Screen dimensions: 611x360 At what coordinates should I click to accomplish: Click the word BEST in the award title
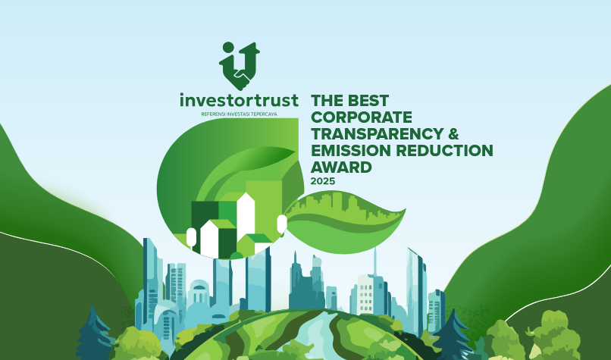[x=368, y=101]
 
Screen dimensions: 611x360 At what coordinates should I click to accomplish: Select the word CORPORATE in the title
[x=362, y=117]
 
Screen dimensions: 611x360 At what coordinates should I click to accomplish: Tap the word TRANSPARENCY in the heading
[x=378, y=133]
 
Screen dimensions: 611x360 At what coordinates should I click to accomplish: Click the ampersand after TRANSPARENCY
[x=453, y=133]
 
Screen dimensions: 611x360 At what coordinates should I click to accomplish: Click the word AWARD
[x=341, y=167]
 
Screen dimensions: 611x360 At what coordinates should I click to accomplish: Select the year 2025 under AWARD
[x=323, y=181]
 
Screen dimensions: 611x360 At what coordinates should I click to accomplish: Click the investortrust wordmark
[x=239, y=100]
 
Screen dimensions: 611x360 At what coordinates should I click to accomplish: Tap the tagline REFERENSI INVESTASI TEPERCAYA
[x=239, y=114]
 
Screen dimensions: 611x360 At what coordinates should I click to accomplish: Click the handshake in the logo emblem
[x=242, y=77]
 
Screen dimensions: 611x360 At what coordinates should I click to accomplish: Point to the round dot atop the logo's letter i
[x=229, y=48]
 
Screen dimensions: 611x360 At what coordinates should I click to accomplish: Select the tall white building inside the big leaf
[x=246, y=215]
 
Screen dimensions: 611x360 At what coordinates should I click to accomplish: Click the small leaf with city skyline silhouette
[x=345, y=222]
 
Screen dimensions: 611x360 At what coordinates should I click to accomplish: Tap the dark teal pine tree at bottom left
[x=94, y=335]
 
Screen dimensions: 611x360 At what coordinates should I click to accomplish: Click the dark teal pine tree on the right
[x=453, y=336]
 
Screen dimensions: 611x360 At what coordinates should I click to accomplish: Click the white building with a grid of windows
[x=366, y=294]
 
